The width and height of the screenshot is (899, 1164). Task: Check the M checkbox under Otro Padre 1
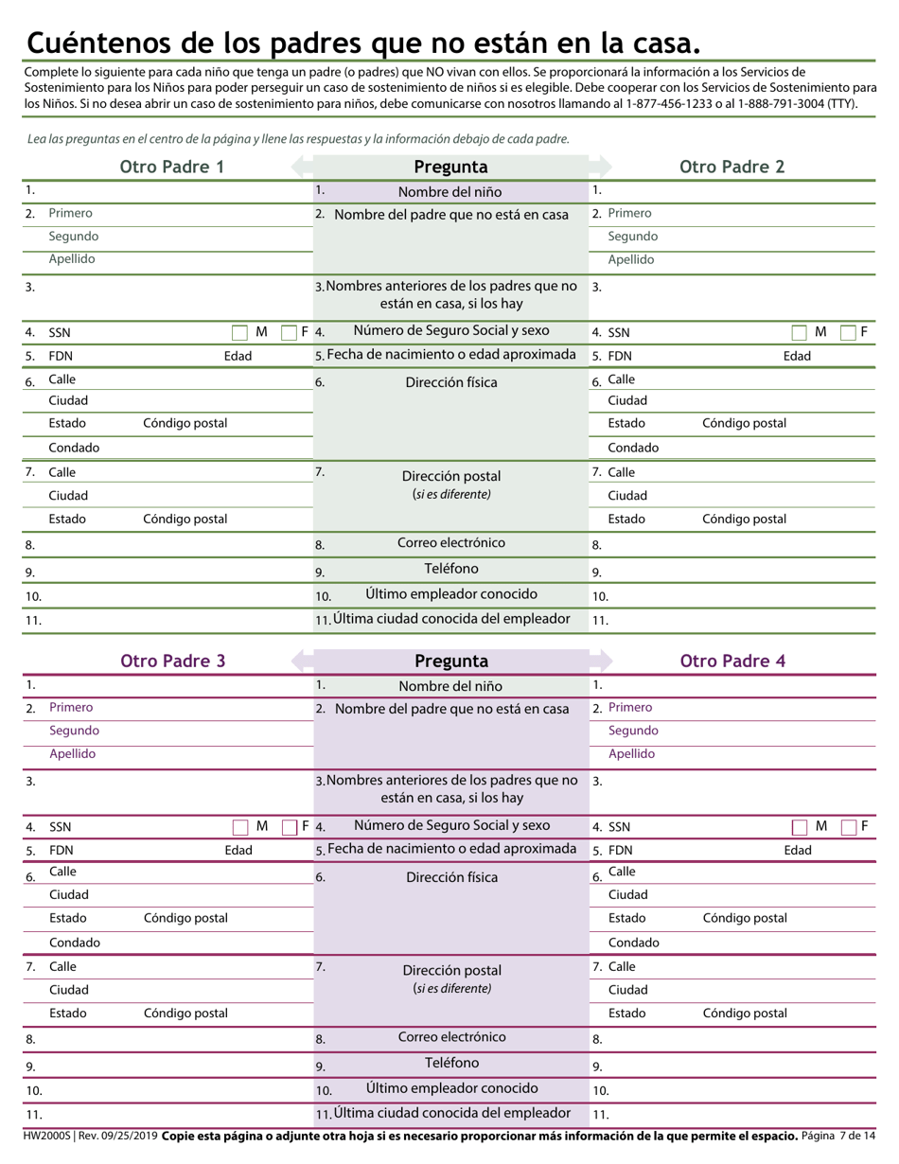click(x=239, y=332)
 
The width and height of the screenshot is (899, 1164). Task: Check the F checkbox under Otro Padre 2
click(x=848, y=332)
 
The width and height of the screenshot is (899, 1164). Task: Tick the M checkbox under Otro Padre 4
click(x=800, y=827)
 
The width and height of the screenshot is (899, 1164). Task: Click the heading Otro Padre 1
click(x=172, y=168)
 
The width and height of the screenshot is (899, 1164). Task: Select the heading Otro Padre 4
click(x=732, y=661)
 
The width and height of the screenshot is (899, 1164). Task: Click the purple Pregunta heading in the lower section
click(x=451, y=661)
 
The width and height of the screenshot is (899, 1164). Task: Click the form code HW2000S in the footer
click(x=45, y=1136)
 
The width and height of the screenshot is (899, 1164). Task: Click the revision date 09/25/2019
click(x=118, y=1136)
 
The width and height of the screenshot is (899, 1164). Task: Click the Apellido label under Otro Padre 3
click(x=73, y=754)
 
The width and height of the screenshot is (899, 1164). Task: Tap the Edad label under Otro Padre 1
click(x=238, y=357)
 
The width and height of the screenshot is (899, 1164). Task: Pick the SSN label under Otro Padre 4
click(x=619, y=827)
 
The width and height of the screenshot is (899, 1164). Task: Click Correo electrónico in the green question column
click(x=451, y=543)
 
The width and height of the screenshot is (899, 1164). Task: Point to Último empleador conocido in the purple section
click(x=451, y=1088)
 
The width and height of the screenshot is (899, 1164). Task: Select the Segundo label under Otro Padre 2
click(x=632, y=237)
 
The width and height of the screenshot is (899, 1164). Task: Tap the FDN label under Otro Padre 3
click(x=62, y=851)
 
